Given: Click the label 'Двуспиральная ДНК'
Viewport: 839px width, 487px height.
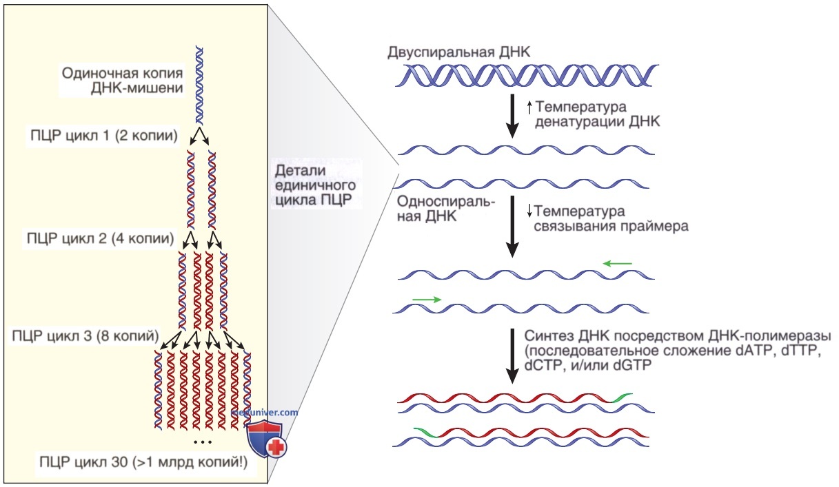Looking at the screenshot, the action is point(459,52).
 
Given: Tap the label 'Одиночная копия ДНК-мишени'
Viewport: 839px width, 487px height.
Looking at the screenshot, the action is point(122,80).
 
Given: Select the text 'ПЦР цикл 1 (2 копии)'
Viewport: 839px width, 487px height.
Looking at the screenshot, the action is point(103,135).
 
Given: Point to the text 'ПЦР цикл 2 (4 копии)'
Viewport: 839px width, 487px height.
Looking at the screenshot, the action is point(101,238).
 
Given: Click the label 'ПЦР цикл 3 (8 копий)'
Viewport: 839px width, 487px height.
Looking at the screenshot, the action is point(85,335).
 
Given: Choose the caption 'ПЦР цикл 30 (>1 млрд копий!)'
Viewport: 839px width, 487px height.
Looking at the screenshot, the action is point(143,462).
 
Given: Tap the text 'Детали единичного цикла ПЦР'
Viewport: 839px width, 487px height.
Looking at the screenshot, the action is point(315,185).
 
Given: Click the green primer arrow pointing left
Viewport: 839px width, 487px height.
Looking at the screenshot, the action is point(617,264).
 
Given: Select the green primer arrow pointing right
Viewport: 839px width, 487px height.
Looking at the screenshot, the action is point(427,299).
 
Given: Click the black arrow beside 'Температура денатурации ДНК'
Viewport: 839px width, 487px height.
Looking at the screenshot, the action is point(512,116).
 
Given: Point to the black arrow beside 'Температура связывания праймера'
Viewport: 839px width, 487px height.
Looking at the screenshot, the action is point(512,227).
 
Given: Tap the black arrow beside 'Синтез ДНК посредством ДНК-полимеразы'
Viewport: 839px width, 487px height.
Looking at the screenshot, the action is point(512,356).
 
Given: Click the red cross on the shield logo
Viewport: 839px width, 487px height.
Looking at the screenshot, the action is point(276,447).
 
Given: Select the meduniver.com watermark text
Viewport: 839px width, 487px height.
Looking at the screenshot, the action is point(265,412).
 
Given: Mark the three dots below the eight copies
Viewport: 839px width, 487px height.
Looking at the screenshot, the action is point(203,442).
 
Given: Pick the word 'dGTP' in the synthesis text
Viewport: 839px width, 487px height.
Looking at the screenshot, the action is point(633,365).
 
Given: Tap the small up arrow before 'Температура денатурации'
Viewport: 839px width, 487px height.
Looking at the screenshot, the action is point(529,108).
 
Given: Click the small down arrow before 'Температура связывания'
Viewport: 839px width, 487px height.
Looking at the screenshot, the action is point(529,211).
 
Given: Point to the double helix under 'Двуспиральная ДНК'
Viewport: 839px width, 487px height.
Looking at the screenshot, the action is point(527,76).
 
